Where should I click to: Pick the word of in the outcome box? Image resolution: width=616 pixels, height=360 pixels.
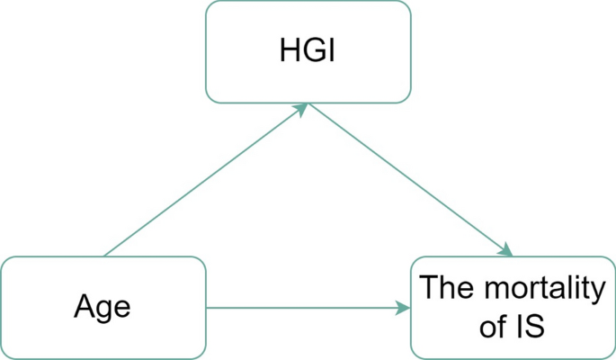click(x=494, y=327)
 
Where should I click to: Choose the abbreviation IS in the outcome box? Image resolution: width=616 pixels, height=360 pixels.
click(x=531, y=326)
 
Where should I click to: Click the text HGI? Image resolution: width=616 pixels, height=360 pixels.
click(x=308, y=51)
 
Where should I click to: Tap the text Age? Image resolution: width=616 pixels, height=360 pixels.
click(x=103, y=308)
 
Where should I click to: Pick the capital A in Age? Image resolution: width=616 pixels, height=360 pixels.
click(x=85, y=307)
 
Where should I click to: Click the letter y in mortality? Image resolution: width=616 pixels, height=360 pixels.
click(x=594, y=292)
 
